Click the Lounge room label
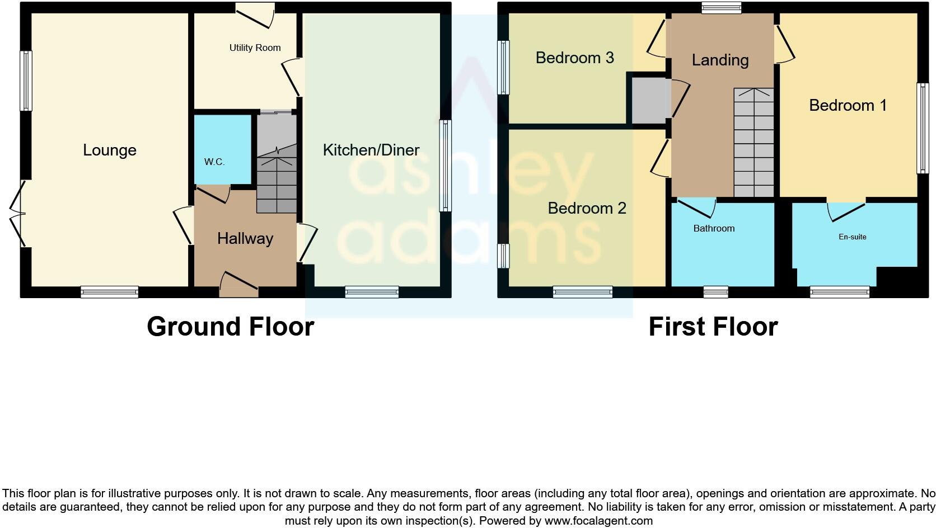click(110, 150)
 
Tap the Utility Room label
click(255, 48)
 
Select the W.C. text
click(214, 162)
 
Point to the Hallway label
click(245, 239)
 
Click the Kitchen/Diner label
click(371, 150)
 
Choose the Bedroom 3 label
click(574, 58)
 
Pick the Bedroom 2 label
click(587, 208)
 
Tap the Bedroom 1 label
click(848, 105)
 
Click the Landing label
click(720, 60)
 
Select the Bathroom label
click(714, 228)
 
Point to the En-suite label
click(852, 237)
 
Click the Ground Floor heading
click(230, 327)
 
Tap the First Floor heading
click(713, 327)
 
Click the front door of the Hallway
click(239, 285)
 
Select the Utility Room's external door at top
click(255, 15)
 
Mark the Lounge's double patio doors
click(18, 213)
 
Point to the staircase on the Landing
click(754, 143)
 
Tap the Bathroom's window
click(715, 292)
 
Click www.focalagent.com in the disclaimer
click(598, 521)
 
